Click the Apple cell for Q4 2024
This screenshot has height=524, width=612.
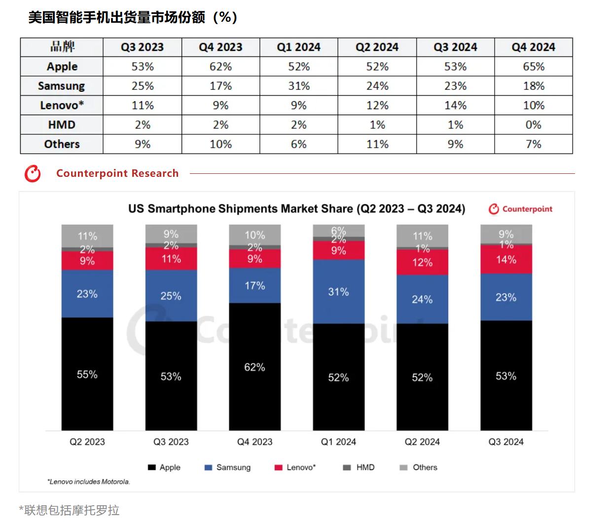tap(534, 67)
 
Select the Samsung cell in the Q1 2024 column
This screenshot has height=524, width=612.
tap(299, 86)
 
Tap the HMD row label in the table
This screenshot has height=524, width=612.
tap(62, 125)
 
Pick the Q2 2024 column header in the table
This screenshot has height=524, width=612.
tap(377, 47)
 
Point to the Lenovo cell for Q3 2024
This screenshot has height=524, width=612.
tap(455, 105)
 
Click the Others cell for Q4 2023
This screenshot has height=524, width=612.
tap(220, 144)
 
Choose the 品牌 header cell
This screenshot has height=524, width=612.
tap(62, 47)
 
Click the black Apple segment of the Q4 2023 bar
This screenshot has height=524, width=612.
tap(255, 366)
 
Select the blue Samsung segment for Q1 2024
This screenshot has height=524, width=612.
tap(339, 292)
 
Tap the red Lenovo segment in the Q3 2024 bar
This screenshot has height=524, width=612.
tap(506, 260)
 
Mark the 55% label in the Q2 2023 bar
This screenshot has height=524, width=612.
tap(87, 374)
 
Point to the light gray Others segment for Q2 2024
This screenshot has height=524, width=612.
tap(423, 236)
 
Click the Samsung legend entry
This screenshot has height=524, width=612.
tap(228, 467)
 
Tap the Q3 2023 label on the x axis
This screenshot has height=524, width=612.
tap(171, 442)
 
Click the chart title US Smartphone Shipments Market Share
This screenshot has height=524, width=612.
tap(296, 209)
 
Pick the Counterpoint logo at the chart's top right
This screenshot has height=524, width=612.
tap(521, 209)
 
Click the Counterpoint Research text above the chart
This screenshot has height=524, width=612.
tap(117, 173)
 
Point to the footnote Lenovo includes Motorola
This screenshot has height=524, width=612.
tap(89, 482)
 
